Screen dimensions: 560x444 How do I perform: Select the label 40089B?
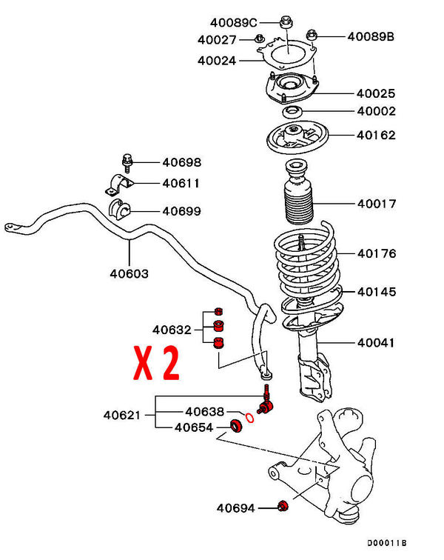coord(371,36)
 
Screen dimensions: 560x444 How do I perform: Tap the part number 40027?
coord(217,39)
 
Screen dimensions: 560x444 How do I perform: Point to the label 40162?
coord(377,136)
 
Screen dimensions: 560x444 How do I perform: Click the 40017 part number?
coord(377,204)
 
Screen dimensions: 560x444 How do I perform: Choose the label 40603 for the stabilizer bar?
coord(129,273)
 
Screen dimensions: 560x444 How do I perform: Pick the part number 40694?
coord(235,508)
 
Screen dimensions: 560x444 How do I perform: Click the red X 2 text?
coord(156,363)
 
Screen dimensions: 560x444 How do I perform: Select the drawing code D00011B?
coord(386,543)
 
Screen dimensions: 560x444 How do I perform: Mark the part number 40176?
coord(377,254)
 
